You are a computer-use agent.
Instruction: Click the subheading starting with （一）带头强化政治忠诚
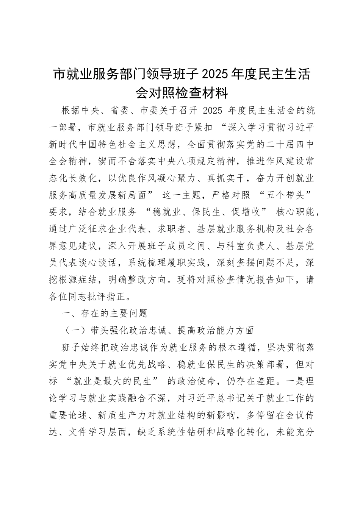click(x=159, y=331)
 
